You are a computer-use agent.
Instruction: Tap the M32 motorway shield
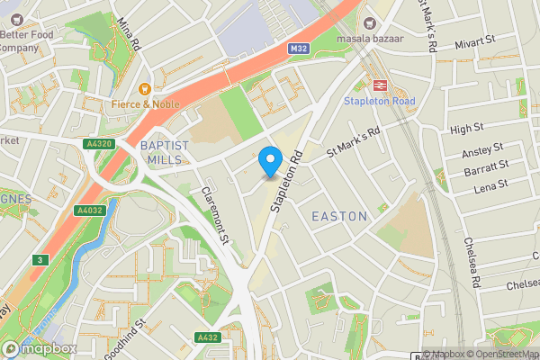click(x=301, y=49)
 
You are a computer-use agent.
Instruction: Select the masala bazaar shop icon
click(x=367, y=22)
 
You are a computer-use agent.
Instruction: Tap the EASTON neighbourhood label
click(x=338, y=217)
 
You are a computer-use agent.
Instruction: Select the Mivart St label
click(x=476, y=41)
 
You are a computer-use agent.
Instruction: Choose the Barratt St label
click(x=487, y=168)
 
